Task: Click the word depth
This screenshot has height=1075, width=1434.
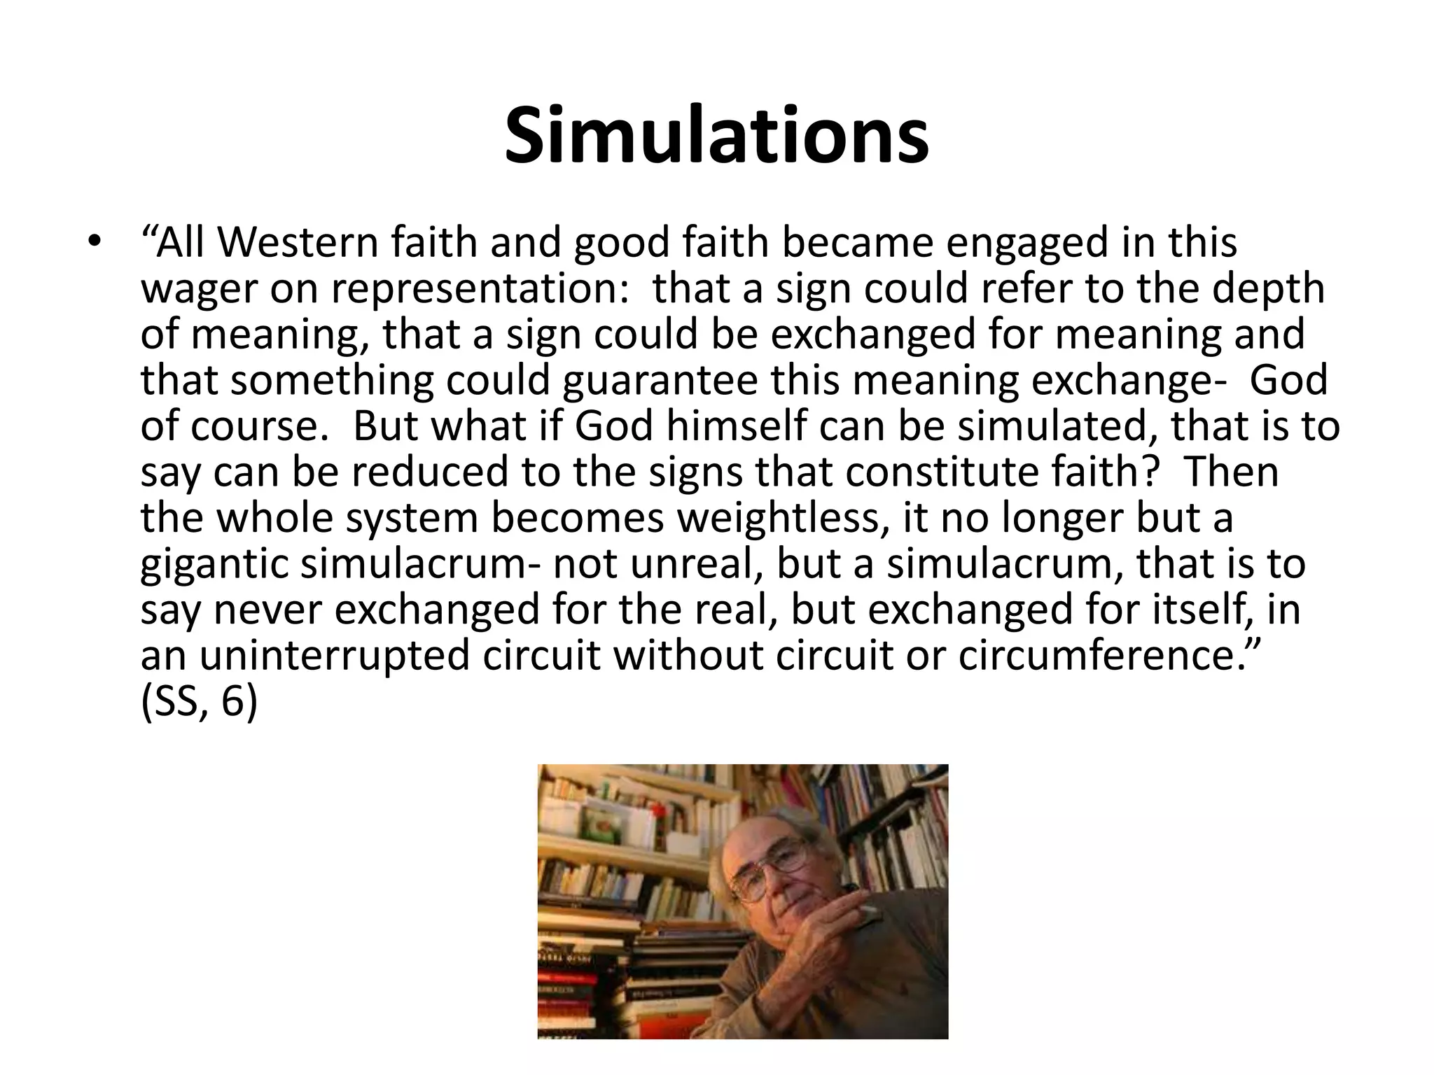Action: pyautogui.click(x=1268, y=288)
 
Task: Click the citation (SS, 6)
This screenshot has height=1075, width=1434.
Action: pyautogui.click(x=199, y=701)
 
